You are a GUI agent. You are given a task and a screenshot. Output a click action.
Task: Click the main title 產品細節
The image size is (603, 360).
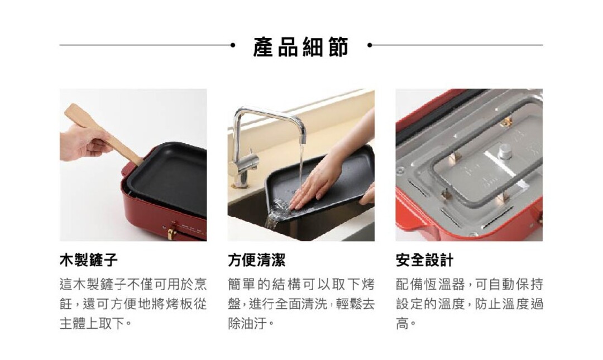tap(301, 46)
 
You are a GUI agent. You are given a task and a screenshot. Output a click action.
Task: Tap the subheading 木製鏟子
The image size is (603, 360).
tap(89, 261)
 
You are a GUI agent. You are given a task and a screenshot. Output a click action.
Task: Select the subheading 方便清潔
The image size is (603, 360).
tap(256, 261)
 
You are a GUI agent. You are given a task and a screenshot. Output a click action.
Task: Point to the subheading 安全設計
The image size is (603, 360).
tap(424, 261)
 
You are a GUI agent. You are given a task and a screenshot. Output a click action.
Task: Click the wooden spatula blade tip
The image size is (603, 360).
tap(69, 109)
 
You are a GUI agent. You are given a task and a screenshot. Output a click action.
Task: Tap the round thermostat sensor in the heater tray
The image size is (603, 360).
tap(505, 150)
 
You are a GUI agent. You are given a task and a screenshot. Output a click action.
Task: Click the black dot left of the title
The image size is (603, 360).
tap(232, 45)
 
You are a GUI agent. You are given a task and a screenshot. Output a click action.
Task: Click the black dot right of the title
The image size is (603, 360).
tap(370, 45)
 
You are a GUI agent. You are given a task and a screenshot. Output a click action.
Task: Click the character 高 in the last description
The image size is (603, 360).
tap(402, 324)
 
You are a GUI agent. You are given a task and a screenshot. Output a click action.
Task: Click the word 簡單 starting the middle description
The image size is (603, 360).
tap(241, 285)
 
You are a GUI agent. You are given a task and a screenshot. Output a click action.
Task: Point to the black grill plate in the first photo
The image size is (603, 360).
tap(169, 181)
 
